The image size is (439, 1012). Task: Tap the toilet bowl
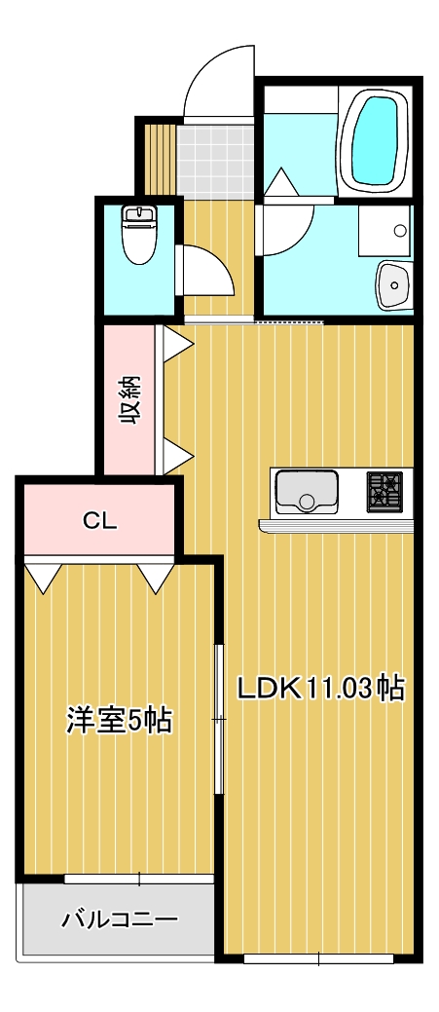138,237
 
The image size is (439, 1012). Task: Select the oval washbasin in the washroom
395,284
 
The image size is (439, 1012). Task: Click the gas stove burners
384,491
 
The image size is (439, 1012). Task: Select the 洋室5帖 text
119,721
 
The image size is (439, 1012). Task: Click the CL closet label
98,521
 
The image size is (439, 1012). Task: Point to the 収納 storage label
129,401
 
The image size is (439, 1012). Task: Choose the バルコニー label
119,918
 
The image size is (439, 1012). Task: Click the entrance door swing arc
216,78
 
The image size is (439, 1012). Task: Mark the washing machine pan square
384,233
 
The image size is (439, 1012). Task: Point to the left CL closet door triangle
42,578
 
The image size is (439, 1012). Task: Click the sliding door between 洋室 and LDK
219,721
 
